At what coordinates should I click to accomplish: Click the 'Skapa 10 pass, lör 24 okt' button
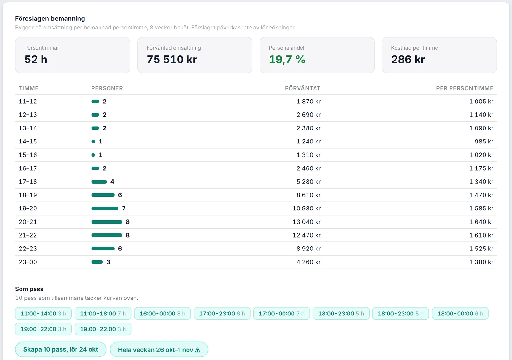(x=60, y=349)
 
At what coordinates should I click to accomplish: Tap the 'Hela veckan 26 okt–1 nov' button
(x=159, y=349)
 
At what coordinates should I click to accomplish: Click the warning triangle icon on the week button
(x=198, y=350)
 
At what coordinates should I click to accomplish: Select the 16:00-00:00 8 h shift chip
(x=162, y=313)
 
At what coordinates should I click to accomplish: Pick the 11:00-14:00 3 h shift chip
(x=43, y=313)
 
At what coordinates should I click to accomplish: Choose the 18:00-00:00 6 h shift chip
(x=460, y=313)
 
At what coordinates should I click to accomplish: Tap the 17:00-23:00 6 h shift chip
(x=222, y=313)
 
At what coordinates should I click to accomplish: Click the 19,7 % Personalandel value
(x=287, y=60)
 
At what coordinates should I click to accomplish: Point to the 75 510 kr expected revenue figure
(x=172, y=60)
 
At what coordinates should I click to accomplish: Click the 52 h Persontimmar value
(x=36, y=60)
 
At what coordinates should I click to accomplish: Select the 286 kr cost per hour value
(x=408, y=60)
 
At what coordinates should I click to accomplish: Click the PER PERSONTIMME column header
(x=464, y=88)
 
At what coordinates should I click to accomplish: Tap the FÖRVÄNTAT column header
(x=303, y=88)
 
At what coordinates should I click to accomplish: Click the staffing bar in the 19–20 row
(x=105, y=209)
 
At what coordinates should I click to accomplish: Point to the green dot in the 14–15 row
(x=93, y=142)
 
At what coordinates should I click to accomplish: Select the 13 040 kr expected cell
(x=307, y=222)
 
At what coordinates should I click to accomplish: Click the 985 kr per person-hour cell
(x=484, y=141)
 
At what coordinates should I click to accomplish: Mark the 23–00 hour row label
(x=28, y=262)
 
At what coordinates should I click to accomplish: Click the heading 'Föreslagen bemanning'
(x=50, y=19)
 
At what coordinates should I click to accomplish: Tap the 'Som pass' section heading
(x=29, y=289)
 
